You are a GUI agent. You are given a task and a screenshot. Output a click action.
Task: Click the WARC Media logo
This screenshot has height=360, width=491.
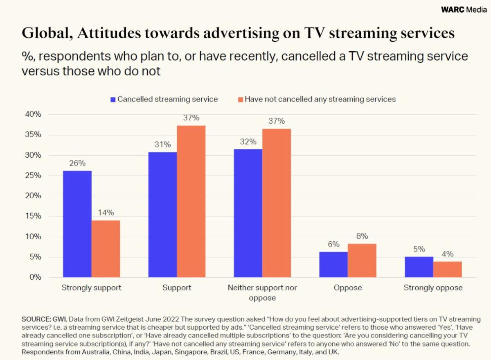point(464,10)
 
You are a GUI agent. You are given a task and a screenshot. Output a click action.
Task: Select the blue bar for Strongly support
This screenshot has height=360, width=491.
point(77,224)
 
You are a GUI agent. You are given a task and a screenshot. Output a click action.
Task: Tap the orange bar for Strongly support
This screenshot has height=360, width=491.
point(106,249)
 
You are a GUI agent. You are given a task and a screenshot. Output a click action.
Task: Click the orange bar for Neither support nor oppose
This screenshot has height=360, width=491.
point(277,203)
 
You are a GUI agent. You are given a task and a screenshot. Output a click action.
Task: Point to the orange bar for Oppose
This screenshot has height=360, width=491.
point(362,260)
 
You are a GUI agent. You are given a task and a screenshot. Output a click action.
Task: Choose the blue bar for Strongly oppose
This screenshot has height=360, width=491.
point(419,267)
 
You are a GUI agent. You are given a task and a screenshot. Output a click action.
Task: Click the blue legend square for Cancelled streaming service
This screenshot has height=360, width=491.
point(113,99)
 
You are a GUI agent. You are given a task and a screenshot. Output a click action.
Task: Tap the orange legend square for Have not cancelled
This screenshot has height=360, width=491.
point(241,99)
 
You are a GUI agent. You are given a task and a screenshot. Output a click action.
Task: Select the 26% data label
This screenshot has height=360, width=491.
point(77,163)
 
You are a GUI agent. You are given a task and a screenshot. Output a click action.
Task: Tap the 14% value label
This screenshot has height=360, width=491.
point(106,213)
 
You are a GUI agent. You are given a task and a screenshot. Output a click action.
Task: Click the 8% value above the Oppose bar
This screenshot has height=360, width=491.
point(362,236)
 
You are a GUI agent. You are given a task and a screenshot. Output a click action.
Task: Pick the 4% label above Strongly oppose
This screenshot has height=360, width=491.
point(447,254)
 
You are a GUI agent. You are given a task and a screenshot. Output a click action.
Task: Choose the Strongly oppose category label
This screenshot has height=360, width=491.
point(433,288)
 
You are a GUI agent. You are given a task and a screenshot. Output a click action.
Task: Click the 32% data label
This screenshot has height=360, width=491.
point(248,142)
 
